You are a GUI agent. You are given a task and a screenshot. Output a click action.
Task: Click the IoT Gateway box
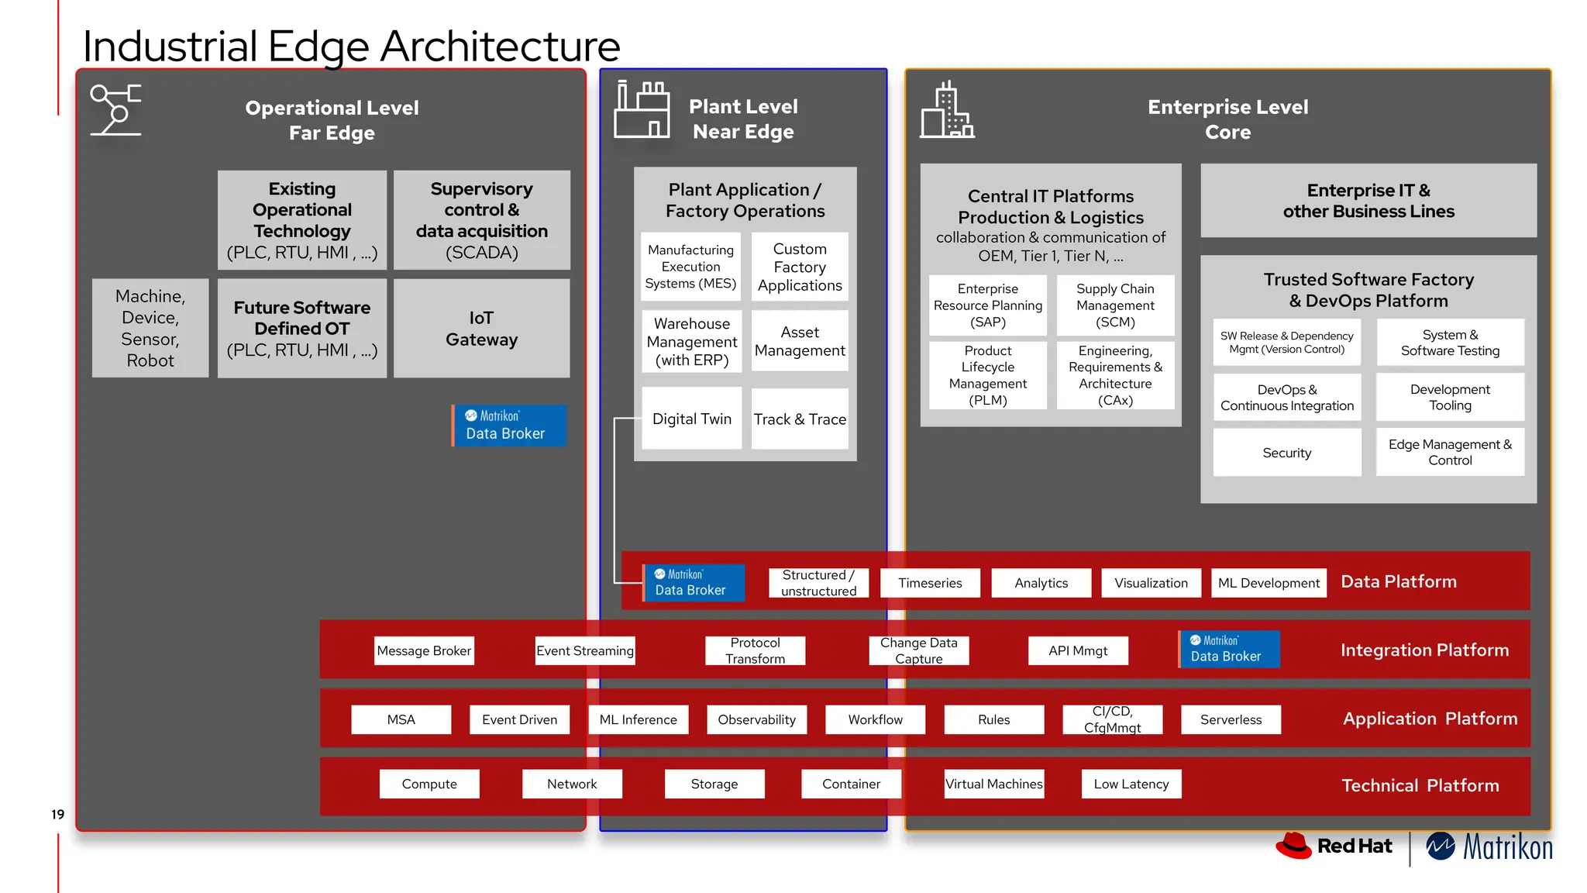481,329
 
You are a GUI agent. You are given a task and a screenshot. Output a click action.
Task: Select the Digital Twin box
691,419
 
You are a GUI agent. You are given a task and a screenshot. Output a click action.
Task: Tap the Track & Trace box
800,419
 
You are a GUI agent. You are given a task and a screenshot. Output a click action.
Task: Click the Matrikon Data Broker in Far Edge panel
509,425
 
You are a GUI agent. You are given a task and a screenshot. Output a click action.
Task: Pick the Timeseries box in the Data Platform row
930,583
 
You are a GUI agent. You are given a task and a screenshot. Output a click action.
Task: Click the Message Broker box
424,650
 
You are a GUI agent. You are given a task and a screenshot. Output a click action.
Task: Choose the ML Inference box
638,719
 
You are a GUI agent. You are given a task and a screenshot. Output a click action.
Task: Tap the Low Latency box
1131,784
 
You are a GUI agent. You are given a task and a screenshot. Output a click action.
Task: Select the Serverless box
1231,719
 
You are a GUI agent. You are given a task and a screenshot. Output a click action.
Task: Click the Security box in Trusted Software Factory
1286,453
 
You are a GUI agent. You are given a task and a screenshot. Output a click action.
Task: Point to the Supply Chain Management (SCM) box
1115,305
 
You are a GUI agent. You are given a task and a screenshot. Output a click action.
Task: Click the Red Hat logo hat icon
1293,845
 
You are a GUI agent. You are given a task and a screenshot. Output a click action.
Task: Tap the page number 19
57,814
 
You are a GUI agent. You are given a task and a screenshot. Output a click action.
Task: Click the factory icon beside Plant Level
642,110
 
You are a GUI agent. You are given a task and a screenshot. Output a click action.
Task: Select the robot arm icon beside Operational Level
116,109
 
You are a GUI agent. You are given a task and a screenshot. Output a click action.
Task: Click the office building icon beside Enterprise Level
946,111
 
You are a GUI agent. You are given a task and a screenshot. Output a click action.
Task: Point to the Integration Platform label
1424,650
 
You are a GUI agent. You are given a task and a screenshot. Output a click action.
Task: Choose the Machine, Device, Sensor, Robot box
150,328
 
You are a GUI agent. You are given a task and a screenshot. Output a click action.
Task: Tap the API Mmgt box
1078,650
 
